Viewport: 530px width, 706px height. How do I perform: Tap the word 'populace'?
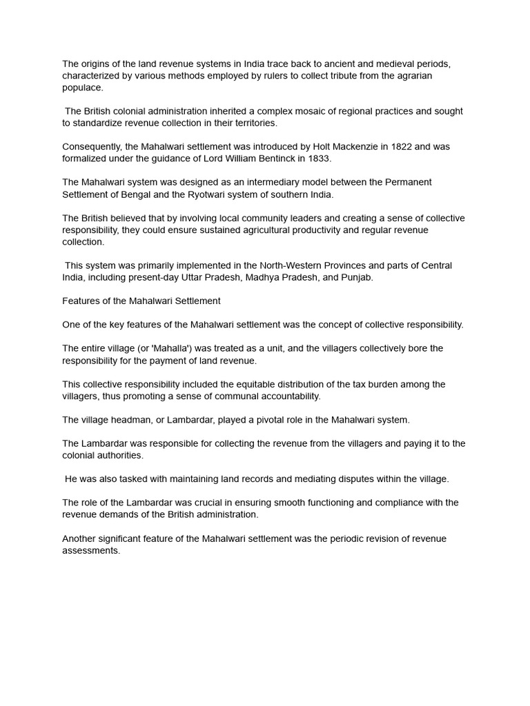(x=82, y=88)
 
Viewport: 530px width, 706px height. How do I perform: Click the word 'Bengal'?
(x=132, y=194)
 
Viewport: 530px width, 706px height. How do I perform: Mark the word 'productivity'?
(x=324, y=230)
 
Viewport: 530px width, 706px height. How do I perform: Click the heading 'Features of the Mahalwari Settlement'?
(x=141, y=301)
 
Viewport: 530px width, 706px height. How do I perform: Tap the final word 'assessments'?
(x=90, y=550)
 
